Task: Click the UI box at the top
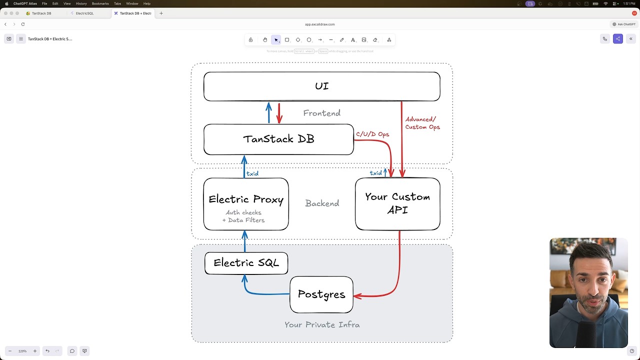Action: [321, 86]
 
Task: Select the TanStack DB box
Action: [278, 139]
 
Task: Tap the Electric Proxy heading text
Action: [246, 199]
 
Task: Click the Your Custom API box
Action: [397, 203]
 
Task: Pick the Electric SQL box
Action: [246, 263]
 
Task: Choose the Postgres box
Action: [321, 294]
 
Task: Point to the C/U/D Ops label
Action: [372, 134]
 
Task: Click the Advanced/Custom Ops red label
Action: [422, 123]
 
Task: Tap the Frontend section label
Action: [321, 113]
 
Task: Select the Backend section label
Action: [322, 203]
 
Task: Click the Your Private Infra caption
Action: [322, 325]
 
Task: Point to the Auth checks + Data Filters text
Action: [243, 216]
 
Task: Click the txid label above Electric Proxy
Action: [252, 173]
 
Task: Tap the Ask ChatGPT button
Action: [623, 24]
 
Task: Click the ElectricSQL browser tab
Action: [84, 13]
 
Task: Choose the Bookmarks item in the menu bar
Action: [100, 3]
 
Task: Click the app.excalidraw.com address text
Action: [320, 24]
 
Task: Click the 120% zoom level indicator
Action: [22, 351]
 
